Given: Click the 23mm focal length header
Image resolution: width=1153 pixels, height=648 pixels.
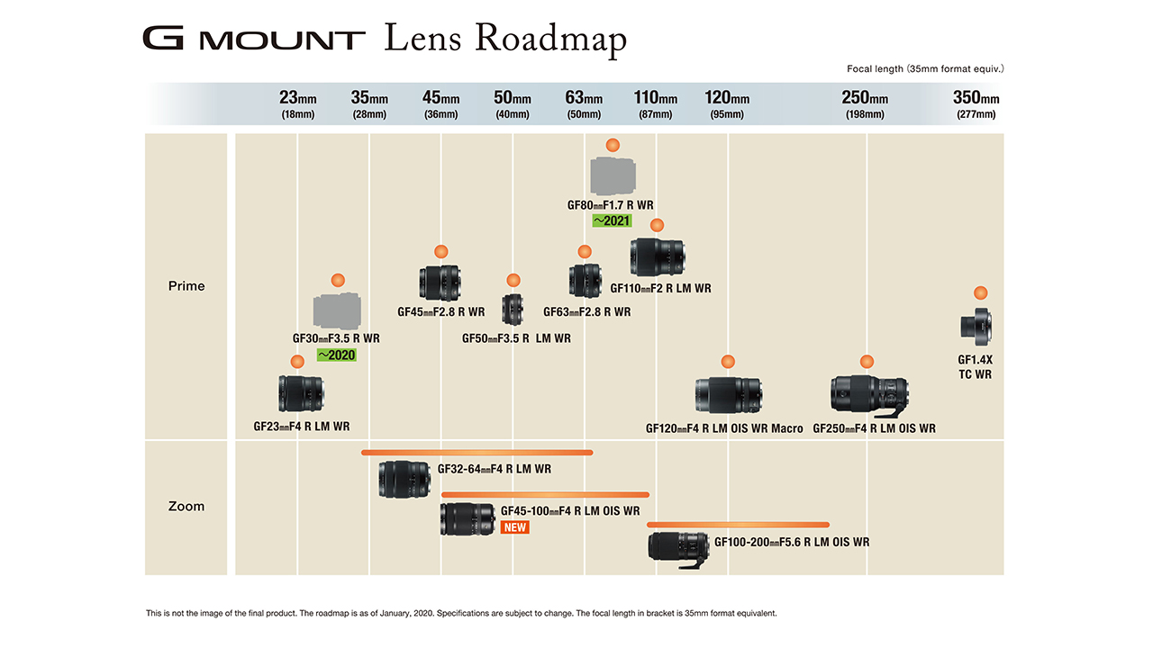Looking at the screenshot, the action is click(298, 104).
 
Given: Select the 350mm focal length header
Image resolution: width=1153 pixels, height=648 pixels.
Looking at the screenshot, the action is click(976, 104).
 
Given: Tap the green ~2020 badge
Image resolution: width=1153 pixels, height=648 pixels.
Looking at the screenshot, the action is click(337, 355).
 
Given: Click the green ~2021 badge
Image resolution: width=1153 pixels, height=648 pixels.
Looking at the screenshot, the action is click(612, 220).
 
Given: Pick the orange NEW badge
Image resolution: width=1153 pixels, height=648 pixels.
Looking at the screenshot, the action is click(514, 527).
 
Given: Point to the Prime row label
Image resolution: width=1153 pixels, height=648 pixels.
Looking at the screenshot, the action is click(186, 286).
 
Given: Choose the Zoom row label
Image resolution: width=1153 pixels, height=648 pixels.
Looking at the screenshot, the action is click(186, 507).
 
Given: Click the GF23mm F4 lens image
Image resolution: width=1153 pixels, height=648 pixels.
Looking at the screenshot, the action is click(301, 393).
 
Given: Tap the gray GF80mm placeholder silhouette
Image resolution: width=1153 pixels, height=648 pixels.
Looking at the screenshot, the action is click(613, 176).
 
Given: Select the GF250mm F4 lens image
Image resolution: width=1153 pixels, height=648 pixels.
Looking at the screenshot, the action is click(869, 395).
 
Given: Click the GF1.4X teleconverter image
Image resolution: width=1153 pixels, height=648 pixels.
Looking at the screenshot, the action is click(976, 327).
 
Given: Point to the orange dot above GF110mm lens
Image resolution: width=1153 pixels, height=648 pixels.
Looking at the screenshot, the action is click(657, 225).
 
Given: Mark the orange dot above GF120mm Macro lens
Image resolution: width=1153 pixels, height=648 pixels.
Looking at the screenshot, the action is click(727, 362).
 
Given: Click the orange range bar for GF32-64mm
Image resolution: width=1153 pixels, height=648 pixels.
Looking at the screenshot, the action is click(477, 453).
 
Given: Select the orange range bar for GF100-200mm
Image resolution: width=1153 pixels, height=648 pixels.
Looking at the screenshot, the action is click(738, 525).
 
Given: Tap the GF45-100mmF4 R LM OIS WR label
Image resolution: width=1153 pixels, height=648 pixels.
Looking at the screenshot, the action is click(570, 511).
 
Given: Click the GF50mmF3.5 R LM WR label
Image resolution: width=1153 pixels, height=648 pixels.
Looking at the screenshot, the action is click(516, 338).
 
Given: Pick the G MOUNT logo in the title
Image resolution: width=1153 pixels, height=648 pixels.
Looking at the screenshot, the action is click(254, 39).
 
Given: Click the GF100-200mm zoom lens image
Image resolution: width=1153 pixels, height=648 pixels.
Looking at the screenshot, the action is click(678, 549).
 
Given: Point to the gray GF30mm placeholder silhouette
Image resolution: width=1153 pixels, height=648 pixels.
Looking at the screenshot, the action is click(337, 310).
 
